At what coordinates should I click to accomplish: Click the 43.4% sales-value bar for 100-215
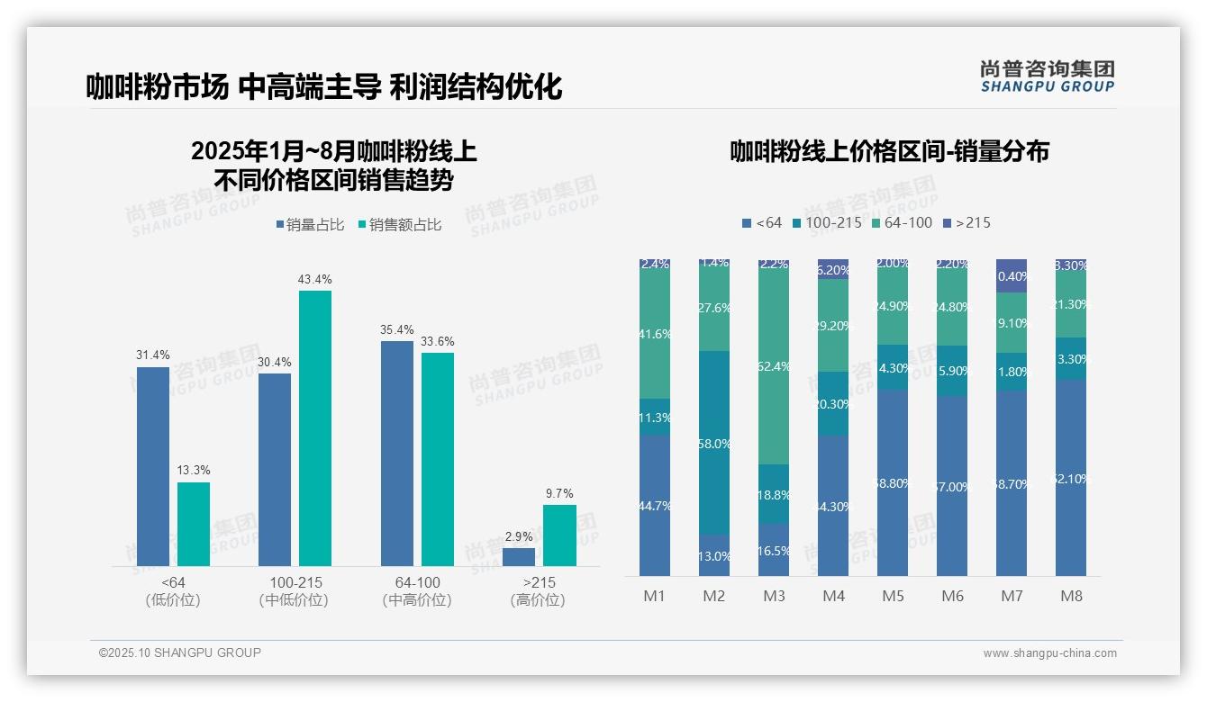[x=315, y=427]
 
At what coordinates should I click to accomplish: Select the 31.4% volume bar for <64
[x=153, y=466]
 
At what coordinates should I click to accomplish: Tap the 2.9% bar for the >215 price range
[x=519, y=557]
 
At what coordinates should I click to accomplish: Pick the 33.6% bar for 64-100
[x=438, y=459]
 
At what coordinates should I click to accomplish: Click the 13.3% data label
[x=194, y=471]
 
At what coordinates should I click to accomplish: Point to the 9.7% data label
[x=559, y=493]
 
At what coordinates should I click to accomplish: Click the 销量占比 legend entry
[x=310, y=225]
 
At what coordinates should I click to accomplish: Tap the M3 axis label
[x=774, y=596]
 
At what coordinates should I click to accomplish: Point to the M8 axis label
[x=1071, y=596]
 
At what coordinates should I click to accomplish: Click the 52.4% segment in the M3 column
[x=774, y=366]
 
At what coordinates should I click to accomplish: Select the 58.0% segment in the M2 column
[x=714, y=443]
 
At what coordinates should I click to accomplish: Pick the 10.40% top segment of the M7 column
[x=1012, y=276]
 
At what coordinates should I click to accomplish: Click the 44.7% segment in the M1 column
[x=655, y=506]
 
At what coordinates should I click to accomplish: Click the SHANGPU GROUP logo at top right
[x=1047, y=76]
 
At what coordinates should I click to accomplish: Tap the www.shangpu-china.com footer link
[x=1049, y=653]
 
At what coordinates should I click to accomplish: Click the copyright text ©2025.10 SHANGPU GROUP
[x=180, y=652]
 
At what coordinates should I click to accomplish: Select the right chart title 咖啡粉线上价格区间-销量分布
[x=889, y=151]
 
